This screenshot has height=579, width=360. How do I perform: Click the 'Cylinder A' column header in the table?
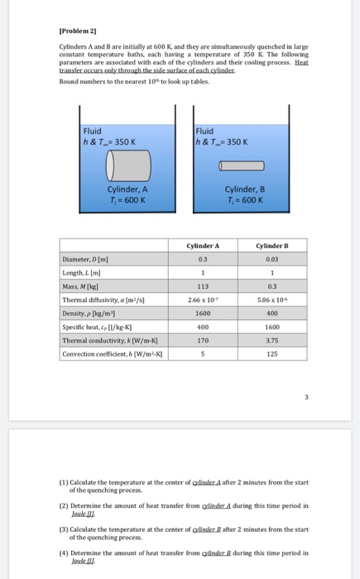[204, 245]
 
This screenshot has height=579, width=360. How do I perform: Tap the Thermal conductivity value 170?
[204, 339]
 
